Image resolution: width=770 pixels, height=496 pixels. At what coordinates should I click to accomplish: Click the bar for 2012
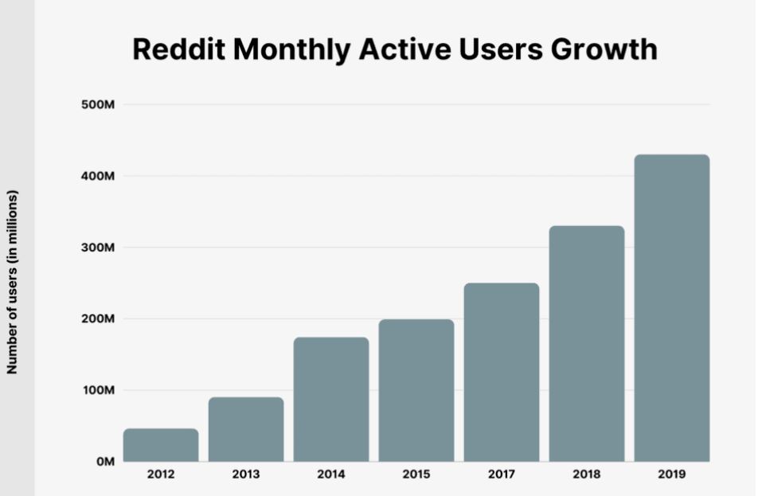(161, 445)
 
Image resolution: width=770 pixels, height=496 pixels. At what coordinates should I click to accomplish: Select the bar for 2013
(246, 429)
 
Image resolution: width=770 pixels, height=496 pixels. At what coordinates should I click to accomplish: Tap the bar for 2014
(331, 399)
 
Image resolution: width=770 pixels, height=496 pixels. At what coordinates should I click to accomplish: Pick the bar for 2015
(416, 390)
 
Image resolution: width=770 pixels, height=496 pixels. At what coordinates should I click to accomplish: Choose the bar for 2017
(501, 372)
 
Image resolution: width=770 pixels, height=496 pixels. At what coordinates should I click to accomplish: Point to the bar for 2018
(586, 343)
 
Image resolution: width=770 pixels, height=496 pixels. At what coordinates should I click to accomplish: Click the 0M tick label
(104, 462)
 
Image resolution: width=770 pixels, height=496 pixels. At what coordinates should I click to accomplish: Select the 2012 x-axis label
(161, 475)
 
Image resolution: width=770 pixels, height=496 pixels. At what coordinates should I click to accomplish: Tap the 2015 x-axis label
(416, 475)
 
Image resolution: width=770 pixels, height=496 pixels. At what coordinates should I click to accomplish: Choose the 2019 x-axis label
(671, 475)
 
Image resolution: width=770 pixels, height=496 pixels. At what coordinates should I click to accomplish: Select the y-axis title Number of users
(12, 282)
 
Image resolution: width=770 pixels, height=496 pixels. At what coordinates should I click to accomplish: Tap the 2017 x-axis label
(501, 475)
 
